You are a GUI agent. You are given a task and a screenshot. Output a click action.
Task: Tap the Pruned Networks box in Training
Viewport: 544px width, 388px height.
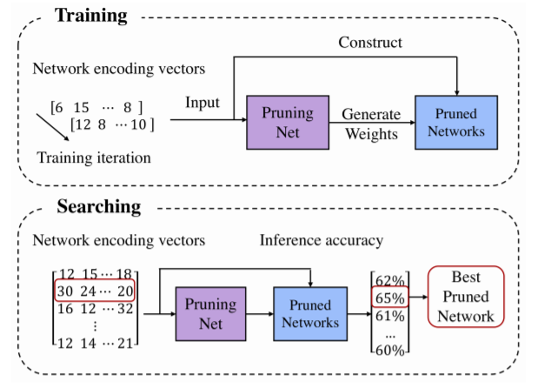(x=456, y=122)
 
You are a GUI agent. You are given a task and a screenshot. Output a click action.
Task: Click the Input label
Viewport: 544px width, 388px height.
(x=202, y=103)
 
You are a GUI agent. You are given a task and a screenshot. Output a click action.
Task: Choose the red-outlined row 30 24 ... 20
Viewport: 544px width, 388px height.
(x=94, y=291)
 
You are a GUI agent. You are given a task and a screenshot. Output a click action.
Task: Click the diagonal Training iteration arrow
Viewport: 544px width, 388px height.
(x=51, y=123)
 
